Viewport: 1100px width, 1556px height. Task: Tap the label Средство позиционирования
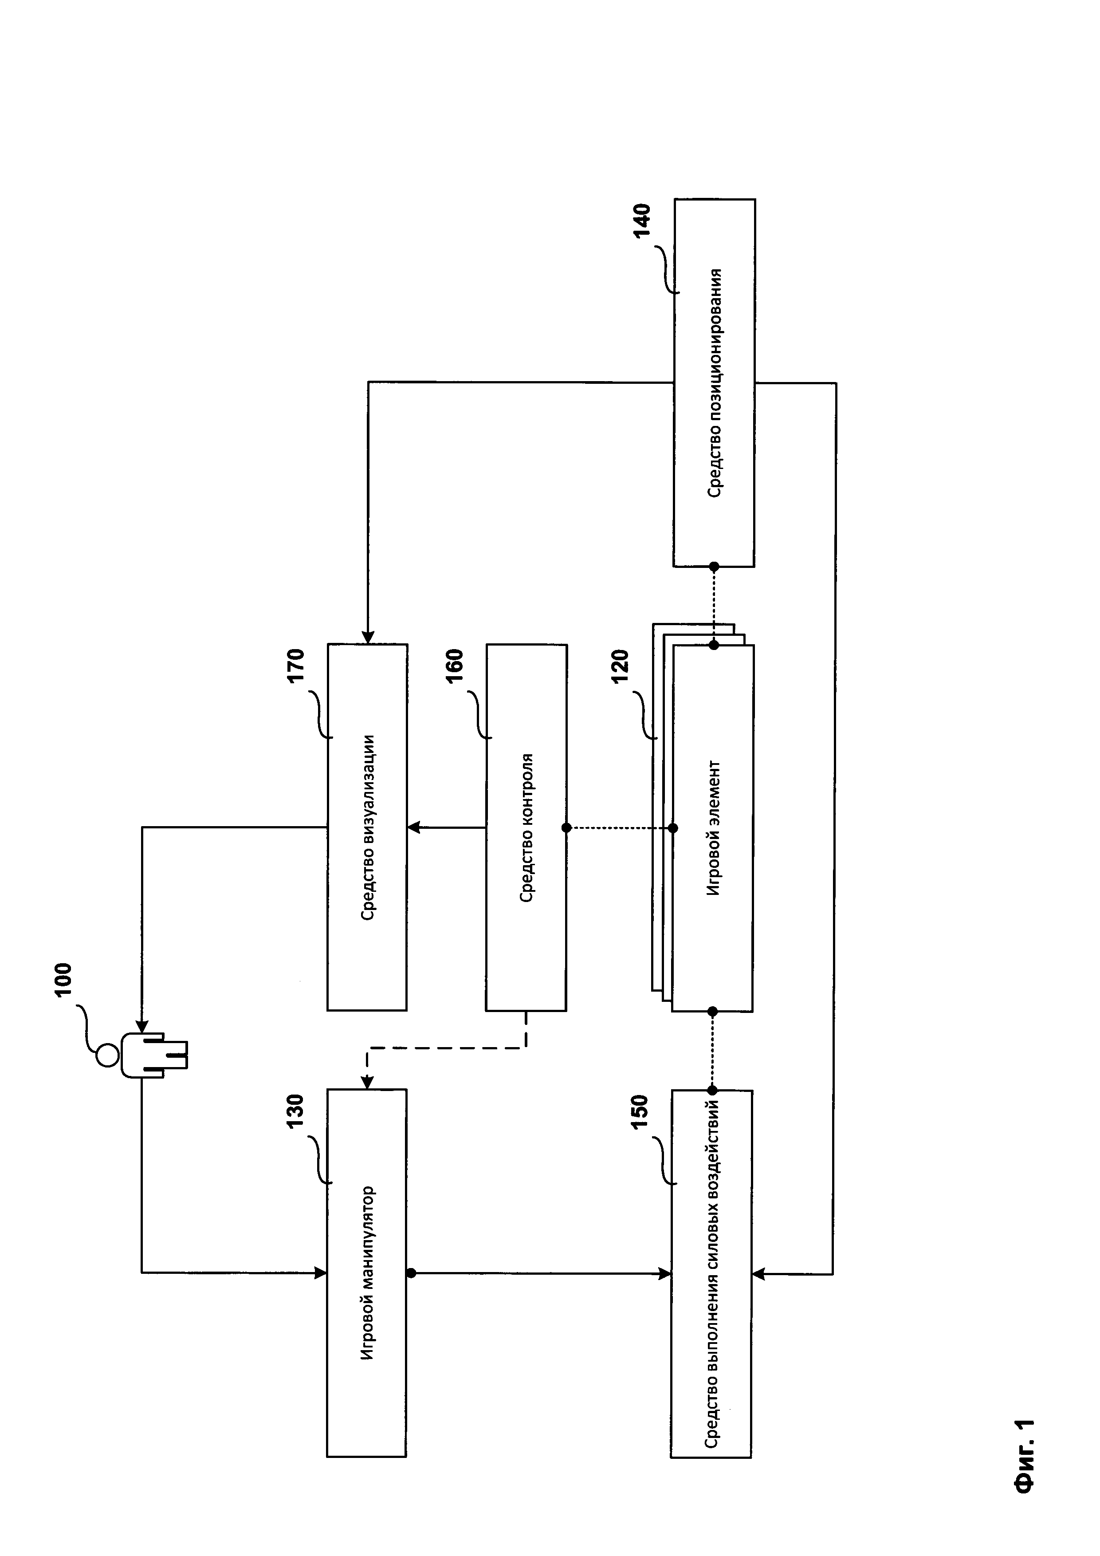pos(715,384)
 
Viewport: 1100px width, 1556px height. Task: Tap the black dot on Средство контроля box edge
pos(566,827)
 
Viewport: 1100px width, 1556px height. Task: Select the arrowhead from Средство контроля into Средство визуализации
pos(414,827)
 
